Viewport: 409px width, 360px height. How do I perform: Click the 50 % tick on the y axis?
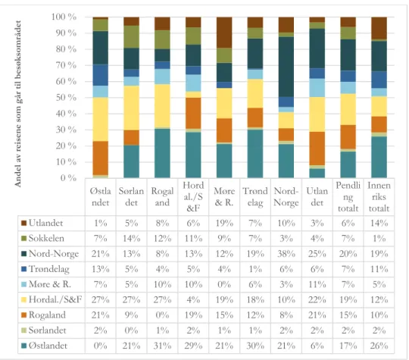(x=66, y=98)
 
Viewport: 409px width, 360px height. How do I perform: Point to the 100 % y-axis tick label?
(x=64, y=17)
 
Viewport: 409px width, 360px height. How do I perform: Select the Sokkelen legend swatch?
(x=23, y=238)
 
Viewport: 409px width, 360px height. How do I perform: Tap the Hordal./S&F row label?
(x=55, y=299)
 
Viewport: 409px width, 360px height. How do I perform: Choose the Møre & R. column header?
(x=224, y=197)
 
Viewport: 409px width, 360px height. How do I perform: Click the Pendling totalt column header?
(x=348, y=197)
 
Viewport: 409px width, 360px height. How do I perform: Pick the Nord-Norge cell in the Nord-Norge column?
(x=286, y=254)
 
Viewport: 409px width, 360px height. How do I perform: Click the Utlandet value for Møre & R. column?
(x=224, y=224)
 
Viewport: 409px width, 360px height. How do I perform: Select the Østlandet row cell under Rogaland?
(x=162, y=346)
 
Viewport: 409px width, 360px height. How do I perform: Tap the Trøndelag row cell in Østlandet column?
(x=101, y=269)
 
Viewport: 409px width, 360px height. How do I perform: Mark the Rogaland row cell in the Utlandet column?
(x=317, y=315)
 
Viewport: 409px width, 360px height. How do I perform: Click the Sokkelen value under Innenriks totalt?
(x=379, y=238)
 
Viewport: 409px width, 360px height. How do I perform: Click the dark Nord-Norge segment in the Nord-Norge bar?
(x=286, y=67)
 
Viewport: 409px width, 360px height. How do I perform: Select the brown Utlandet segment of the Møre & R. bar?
(x=224, y=33)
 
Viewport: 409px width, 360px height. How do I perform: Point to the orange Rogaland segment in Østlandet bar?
(x=101, y=158)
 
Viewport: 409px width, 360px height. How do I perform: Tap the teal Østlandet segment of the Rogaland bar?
(x=162, y=153)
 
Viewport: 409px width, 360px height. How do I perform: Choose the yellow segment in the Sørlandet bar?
(x=132, y=108)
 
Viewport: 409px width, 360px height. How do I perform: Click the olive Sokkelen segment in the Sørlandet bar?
(x=132, y=37)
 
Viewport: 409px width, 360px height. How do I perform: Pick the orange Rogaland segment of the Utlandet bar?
(x=317, y=149)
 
